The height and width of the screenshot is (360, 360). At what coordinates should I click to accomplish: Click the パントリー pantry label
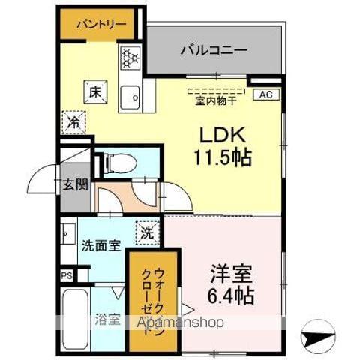coord(100,23)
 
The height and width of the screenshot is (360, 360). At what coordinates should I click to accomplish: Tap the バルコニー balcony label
coord(214,50)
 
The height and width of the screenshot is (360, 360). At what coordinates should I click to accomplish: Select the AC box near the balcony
coord(265,94)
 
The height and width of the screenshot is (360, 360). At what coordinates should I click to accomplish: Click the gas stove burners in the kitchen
coord(130,58)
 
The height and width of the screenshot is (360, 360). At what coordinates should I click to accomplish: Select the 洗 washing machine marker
coord(148,232)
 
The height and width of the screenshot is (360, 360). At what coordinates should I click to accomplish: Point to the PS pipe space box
coord(66,275)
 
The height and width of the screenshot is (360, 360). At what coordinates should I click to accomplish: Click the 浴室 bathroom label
coord(106,319)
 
